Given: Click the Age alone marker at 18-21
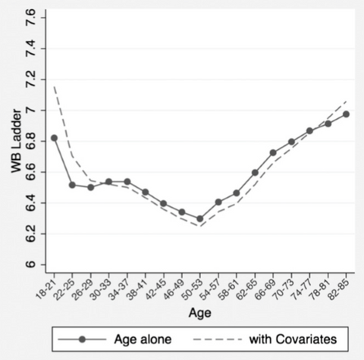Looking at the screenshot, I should pyautogui.click(x=54, y=138).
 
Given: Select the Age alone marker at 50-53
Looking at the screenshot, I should pyautogui.click(x=200, y=219).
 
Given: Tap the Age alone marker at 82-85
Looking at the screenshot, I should pyautogui.click(x=347, y=114).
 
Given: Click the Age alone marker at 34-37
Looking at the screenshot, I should pyautogui.click(x=127, y=182).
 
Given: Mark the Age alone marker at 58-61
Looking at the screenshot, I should pyautogui.click(x=237, y=193).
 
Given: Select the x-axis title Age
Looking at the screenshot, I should pyautogui.click(x=200, y=311).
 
